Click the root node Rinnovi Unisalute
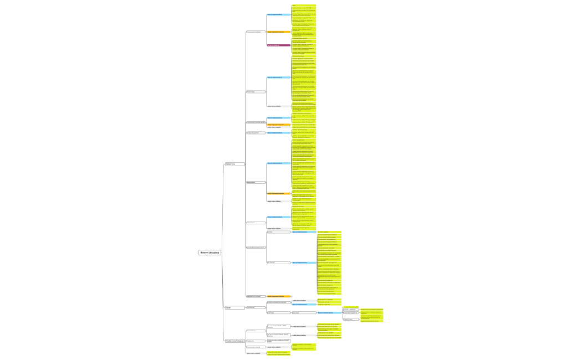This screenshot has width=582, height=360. [x=210, y=253]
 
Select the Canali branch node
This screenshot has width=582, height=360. [x=228, y=307]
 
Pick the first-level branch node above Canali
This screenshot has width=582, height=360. [x=230, y=164]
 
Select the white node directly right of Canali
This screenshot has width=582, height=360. [x=251, y=307]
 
